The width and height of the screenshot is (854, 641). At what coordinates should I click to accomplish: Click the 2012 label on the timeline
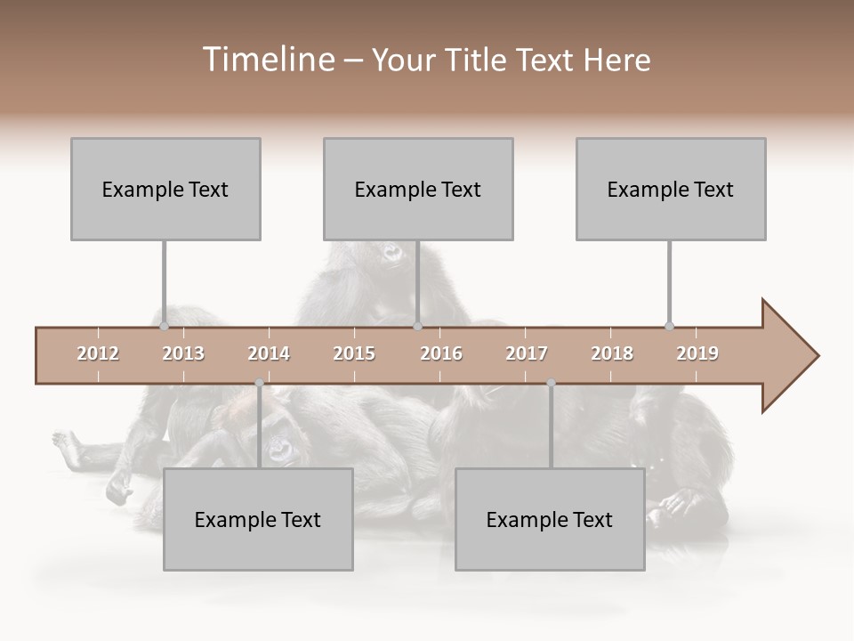click(x=98, y=353)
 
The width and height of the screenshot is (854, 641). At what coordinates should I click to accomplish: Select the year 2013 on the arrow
click(x=183, y=353)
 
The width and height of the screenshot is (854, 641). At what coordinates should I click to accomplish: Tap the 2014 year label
click(x=269, y=353)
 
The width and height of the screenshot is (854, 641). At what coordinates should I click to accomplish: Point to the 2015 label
click(x=354, y=353)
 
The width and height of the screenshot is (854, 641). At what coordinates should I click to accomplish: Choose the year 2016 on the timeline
click(x=441, y=353)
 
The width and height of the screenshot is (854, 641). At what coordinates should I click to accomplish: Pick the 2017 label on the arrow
click(x=527, y=353)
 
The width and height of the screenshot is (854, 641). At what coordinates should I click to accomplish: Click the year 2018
click(x=612, y=353)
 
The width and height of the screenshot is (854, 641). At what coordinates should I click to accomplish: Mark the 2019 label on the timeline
click(x=697, y=353)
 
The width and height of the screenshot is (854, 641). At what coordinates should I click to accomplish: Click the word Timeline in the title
click(x=266, y=60)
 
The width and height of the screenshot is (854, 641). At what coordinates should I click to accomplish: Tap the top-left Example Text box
click(x=165, y=189)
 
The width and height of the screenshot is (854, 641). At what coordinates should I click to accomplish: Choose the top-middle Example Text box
click(x=418, y=189)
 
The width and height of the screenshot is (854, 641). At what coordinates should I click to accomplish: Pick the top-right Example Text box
click(x=671, y=189)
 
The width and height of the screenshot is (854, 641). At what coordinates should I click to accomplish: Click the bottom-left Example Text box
click(x=258, y=519)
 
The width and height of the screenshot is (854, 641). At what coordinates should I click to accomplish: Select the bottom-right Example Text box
click(x=550, y=519)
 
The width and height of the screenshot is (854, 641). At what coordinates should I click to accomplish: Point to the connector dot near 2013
click(x=165, y=326)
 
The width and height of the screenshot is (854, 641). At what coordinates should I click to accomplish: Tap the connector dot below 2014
click(x=259, y=383)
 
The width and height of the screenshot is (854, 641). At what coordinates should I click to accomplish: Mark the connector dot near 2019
click(x=669, y=326)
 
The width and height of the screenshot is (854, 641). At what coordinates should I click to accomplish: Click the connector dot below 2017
click(x=551, y=383)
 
